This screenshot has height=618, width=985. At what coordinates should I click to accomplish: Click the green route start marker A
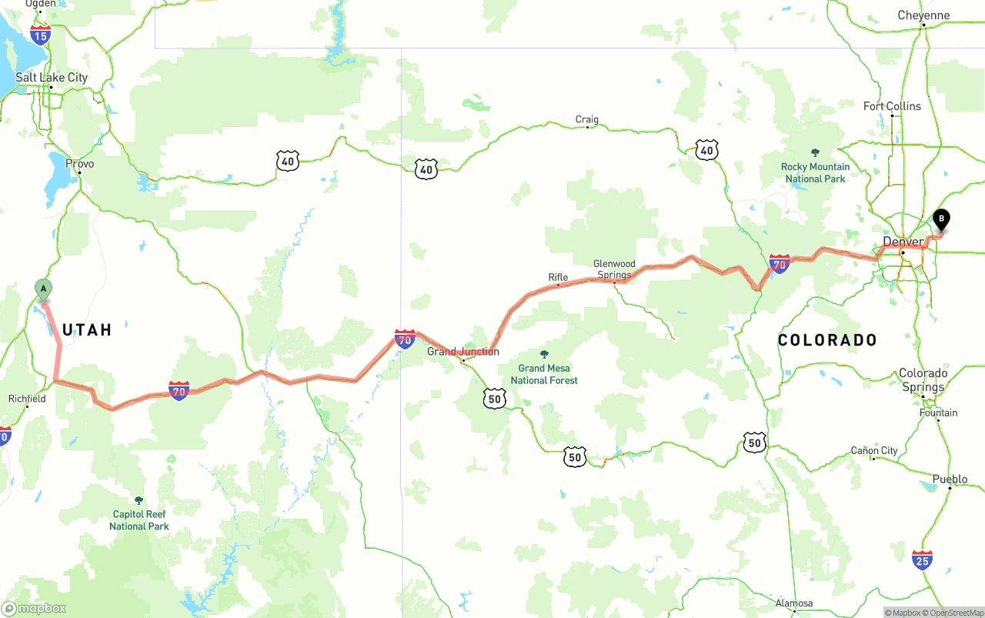tap(44, 290)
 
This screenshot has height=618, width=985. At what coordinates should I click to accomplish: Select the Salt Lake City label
tap(52, 78)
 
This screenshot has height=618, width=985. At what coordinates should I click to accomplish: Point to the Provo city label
tap(80, 164)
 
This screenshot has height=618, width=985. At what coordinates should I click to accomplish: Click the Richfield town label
tap(27, 399)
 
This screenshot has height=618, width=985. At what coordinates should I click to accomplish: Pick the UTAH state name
tap(87, 330)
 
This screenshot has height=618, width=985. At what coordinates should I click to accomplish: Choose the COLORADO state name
tap(827, 340)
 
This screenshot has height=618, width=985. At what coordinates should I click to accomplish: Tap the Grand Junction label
tap(463, 352)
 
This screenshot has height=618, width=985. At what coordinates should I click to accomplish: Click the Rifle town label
tap(558, 277)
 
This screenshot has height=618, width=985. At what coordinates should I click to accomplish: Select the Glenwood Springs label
tap(614, 269)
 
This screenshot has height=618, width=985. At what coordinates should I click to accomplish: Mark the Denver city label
tap(903, 242)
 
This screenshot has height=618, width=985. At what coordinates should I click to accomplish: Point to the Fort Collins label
tap(892, 106)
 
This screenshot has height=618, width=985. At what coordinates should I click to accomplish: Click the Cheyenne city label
tap(923, 15)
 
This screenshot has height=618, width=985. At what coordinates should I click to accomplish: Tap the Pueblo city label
tap(950, 479)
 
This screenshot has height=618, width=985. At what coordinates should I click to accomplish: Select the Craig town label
tap(586, 119)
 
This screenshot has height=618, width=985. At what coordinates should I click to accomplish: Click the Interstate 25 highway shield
tap(922, 560)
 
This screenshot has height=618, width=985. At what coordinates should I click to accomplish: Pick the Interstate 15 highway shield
tap(41, 34)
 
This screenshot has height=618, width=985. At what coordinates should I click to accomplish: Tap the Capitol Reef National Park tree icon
tap(139, 500)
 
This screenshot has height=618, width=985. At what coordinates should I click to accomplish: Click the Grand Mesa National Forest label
tap(544, 374)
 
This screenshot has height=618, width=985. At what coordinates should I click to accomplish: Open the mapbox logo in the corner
tap(34, 608)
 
